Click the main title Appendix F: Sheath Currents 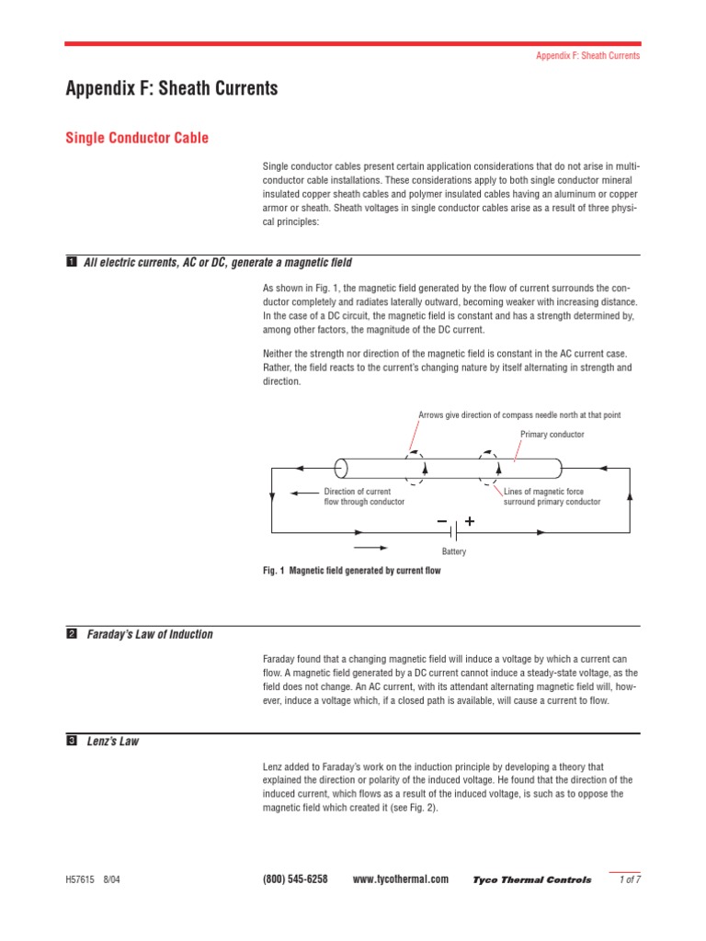pos(171,89)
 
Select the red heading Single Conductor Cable pos(137,138)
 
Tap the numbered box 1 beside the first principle pos(71,263)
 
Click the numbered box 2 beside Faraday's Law pos(71,634)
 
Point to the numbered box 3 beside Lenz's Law pos(71,742)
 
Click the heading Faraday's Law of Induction pos(150,634)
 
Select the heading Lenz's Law pos(112,742)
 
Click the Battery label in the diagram pos(453,551)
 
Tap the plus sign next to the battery pos(470,521)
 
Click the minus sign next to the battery pos(442,521)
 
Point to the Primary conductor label pos(552,435)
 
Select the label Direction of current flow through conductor pos(363,496)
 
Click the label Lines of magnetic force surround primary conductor pos(552,496)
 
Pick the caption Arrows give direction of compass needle pos(518,415)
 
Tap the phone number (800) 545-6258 pos(295,879)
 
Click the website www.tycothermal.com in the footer pos(401,879)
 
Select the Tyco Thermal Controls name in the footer pos(532,880)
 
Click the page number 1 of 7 pos(630,879)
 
